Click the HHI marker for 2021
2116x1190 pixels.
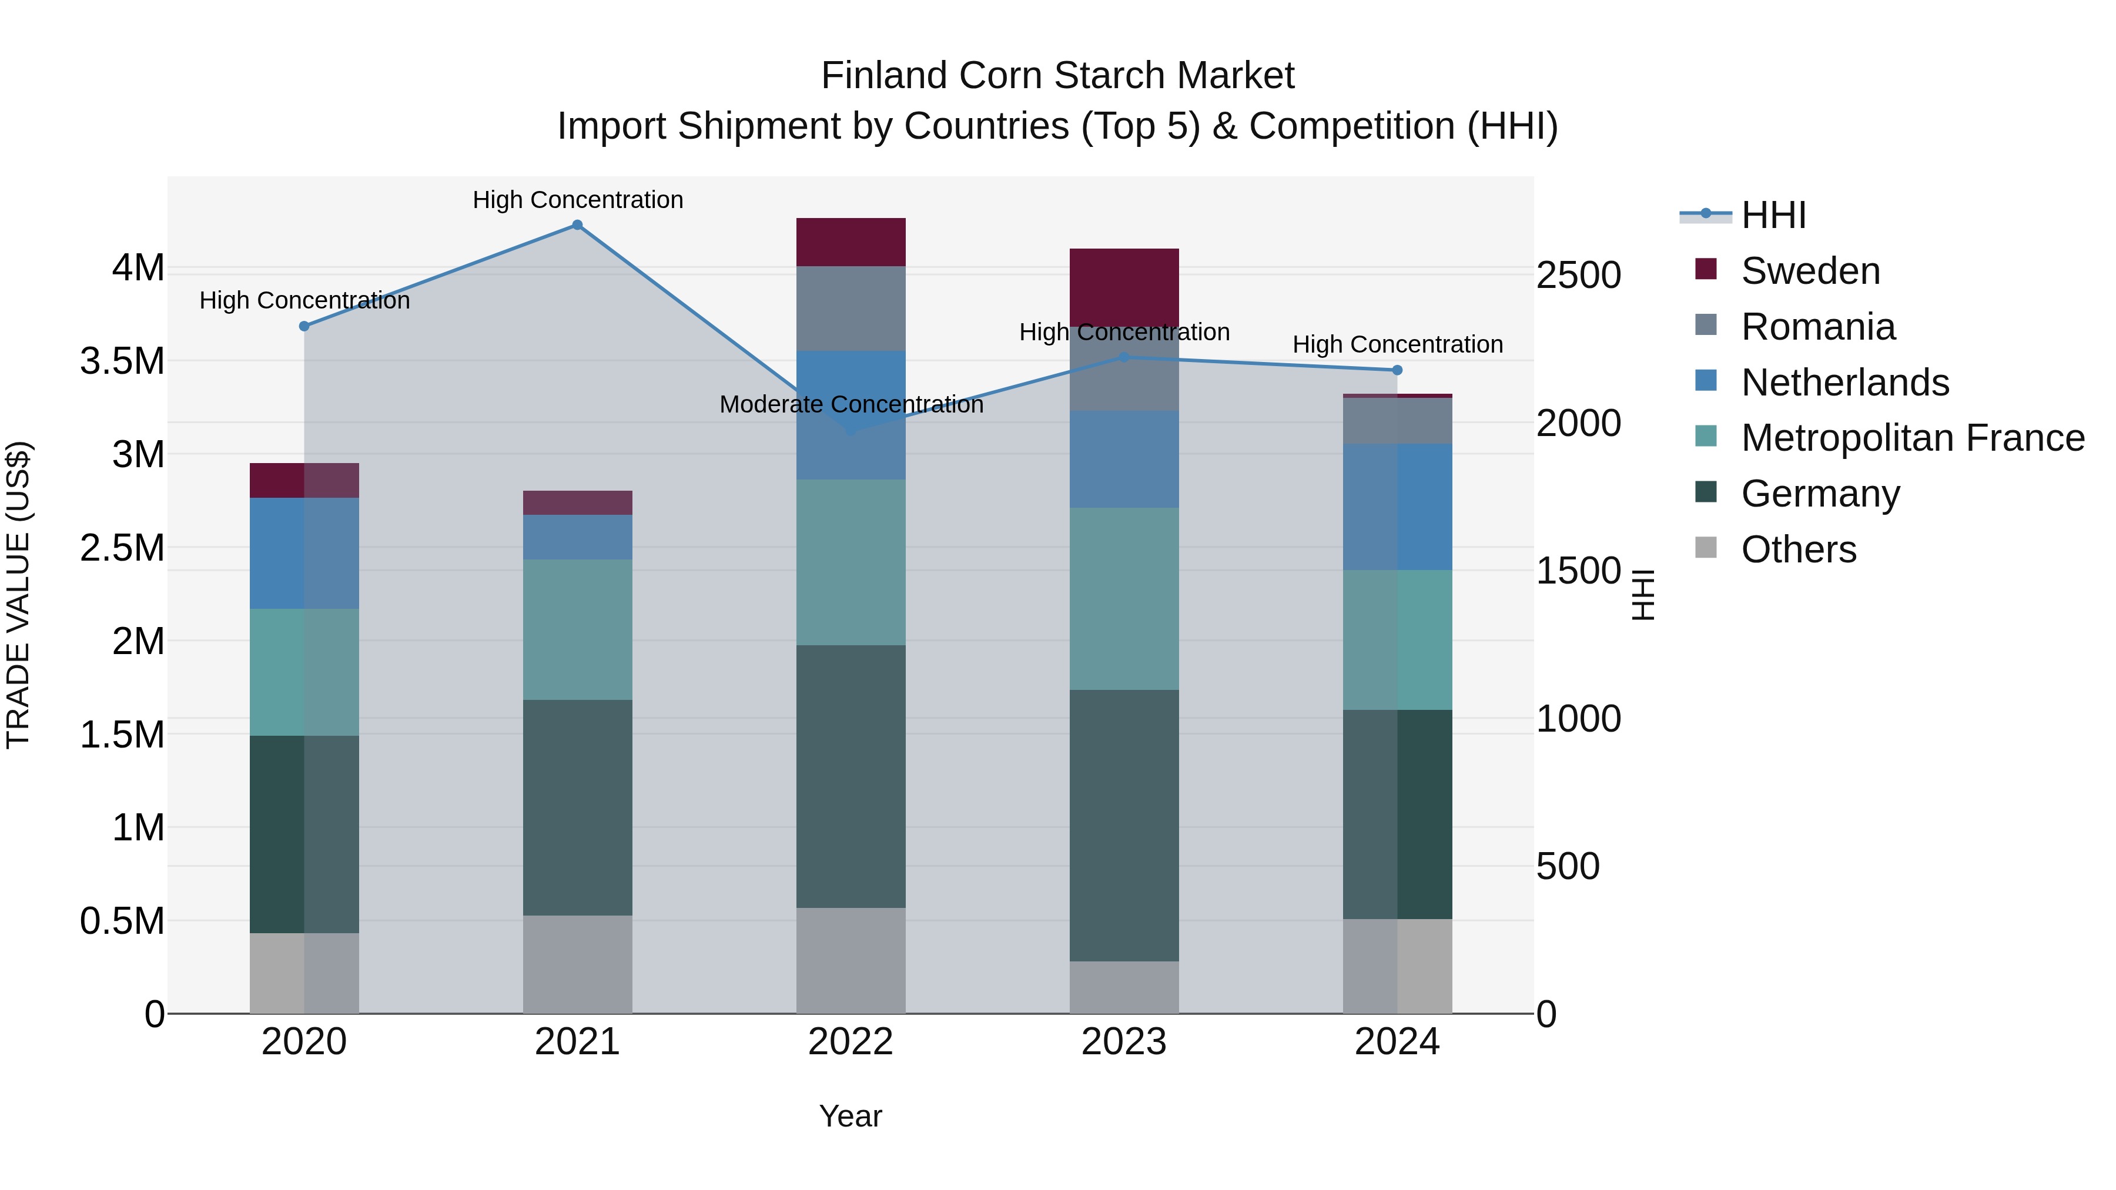(x=577, y=225)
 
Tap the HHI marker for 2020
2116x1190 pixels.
(x=304, y=326)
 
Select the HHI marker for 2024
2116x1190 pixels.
(x=1397, y=370)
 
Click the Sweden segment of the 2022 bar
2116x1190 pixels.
(x=851, y=242)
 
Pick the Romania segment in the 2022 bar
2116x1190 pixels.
(x=851, y=309)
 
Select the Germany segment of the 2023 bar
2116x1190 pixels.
(x=1124, y=826)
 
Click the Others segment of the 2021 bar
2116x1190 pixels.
(x=577, y=964)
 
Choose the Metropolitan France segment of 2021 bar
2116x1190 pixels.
(x=577, y=630)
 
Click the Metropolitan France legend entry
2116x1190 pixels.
(x=1912, y=438)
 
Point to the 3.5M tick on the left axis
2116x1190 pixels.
(x=122, y=361)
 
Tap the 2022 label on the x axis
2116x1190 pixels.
(x=851, y=1042)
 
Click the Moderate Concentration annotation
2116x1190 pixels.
(x=851, y=405)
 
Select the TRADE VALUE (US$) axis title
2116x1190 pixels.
(x=19, y=595)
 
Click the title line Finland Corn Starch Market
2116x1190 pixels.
(x=1057, y=76)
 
